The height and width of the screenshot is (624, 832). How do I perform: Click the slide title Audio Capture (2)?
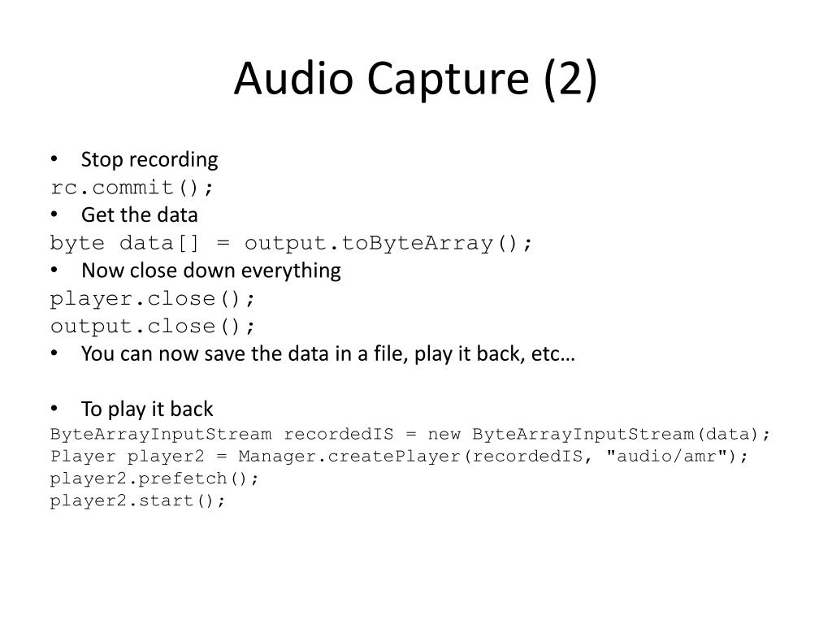click(x=415, y=79)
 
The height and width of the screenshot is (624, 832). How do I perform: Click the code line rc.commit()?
click(x=132, y=188)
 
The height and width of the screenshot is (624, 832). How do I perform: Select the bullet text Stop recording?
click(x=149, y=159)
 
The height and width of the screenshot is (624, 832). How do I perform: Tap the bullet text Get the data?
click(x=139, y=214)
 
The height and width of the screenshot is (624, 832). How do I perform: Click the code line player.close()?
click(x=153, y=298)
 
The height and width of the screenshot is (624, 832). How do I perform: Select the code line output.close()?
click(x=153, y=326)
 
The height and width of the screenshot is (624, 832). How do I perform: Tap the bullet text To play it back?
click(x=147, y=409)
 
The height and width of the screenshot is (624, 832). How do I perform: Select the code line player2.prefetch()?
click(x=154, y=478)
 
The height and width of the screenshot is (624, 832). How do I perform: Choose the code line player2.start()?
click(x=137, y=500)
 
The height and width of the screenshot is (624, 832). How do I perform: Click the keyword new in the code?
click(x=444, y=433)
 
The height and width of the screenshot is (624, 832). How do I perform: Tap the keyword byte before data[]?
click(x=77, y=243)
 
